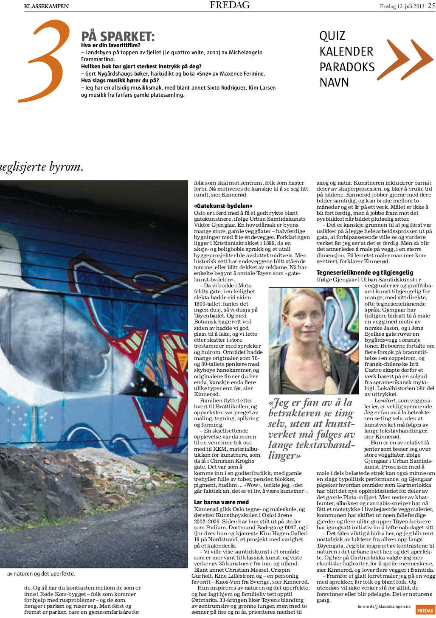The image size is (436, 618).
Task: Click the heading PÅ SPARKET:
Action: pyautogui.click(x=118, y=37)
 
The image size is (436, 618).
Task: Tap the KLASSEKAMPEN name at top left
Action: pyautogui.click(x=46, y=6)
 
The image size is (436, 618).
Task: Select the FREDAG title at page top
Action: pyautogui.click(x=230, y=5)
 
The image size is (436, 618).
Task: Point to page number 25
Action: pyautogui.click(x=431, y=6)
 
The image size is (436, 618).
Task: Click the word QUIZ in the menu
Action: pyautogui.click(x=332, y=36)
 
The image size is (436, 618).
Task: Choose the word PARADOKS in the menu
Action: pyautogui.click(x=347, y=67)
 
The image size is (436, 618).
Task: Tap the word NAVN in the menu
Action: pyautogui.click(x=334, y=82)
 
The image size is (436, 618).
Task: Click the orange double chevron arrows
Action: pyautogui.click(x=405, y=59)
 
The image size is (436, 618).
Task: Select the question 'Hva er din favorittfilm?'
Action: pyautogui.click(x=111, y=45)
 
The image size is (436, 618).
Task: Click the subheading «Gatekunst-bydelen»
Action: pyautogui.click(x=223, y=206)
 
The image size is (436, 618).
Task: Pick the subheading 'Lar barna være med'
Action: pyautogui.click(x=221, y=502)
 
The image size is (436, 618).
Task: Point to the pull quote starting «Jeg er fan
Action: pyautogui.click(x=311, y=429)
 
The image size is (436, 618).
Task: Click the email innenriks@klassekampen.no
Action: pyautogui.click(x=384, y=607)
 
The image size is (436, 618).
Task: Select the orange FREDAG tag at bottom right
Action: pyautogui.click(x=425, y=610)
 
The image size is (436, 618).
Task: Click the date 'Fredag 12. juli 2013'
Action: pyautogui.click(x=402, y=6)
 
